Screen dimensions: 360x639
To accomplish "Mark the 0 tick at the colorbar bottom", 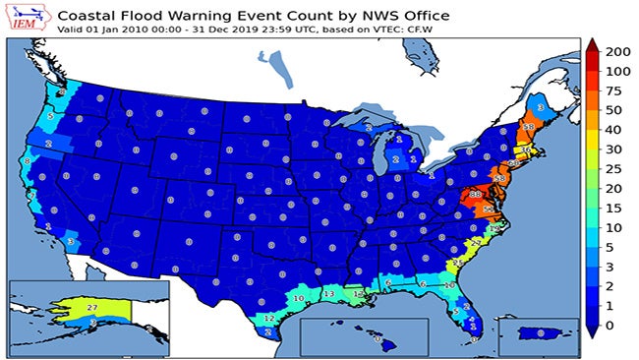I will coord(611,324).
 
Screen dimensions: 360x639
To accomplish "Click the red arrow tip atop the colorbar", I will coord(593,43).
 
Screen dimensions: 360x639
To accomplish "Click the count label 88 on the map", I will coord(476,195).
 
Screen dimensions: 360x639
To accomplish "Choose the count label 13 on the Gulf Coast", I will coord(329,293).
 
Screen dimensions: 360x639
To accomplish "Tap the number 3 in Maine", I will coord(541,107).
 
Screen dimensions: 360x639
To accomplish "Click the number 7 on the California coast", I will coord(33,195).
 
